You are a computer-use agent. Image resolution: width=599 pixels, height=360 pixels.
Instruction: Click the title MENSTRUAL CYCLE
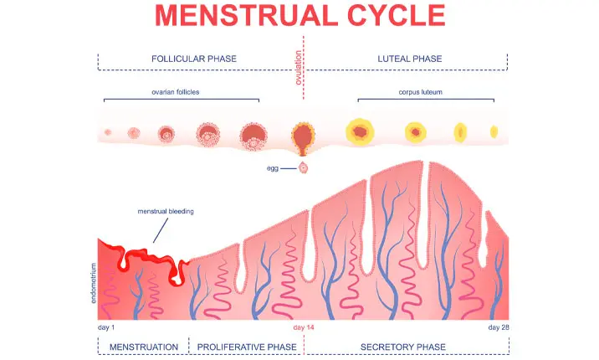[x=300, y=16]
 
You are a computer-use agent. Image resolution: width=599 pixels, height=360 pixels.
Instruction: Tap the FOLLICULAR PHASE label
[x=194, y=59]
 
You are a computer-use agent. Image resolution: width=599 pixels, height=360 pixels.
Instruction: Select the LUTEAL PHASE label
[x=410, y=59]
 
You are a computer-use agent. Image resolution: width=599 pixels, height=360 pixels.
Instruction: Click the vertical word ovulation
[x=299, y=66]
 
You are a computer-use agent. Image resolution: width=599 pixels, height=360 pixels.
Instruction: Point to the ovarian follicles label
[x=182, y=92]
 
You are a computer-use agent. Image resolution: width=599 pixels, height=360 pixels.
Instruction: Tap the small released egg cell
[x=304, y=168]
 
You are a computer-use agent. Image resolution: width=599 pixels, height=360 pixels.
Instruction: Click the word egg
[x=272, y=168]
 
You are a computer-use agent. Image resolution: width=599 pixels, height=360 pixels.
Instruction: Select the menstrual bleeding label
[x=166, y=212]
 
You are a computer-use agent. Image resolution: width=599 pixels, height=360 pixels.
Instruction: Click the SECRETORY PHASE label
[x=402, y=347]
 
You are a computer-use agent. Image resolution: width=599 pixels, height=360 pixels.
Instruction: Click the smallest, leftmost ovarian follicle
[x=107, y=132]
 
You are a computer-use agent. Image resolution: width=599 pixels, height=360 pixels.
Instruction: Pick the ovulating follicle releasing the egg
[x=303, y=136]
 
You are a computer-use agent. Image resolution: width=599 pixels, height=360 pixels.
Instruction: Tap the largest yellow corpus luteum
[x=360, y=131]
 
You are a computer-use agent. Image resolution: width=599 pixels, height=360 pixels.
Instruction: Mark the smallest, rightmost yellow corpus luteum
[x=494, y=131]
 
